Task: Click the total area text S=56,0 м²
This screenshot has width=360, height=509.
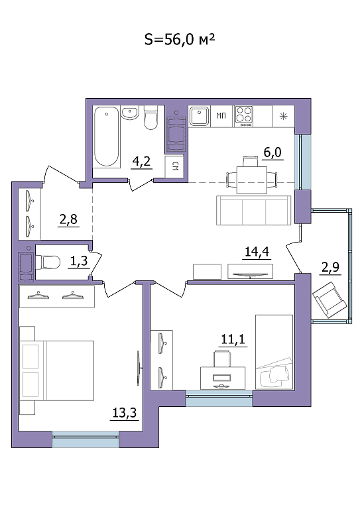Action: pos(180,39)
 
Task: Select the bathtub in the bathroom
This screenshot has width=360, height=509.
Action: pos(107,137)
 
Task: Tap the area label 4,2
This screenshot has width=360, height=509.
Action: pos(142,161)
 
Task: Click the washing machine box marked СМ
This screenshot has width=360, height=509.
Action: pos(175,167)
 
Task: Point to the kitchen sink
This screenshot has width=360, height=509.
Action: pos(199,116)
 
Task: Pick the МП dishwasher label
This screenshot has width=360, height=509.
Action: pos(221,115)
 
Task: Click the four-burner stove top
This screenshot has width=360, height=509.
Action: pos(244,116)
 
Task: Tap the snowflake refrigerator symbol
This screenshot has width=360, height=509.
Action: pos(284,116)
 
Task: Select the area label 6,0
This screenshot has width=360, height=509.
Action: pos(272,152)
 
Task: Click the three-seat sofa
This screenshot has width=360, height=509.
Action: pos(254,210)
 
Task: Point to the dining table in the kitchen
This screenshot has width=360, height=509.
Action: pos(251,180)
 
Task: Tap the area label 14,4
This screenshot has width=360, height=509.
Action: pos(257,252)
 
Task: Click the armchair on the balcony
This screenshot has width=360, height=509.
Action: pos(330,300)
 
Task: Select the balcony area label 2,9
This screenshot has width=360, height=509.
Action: pos(330,267)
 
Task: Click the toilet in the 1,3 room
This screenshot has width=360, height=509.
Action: pos(48,262)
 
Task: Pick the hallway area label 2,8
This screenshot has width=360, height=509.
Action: pos(68,220)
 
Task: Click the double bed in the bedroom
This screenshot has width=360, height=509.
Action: pos(57,370)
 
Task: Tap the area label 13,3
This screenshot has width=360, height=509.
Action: pos(125,413)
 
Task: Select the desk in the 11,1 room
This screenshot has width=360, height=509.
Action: pos(223,378)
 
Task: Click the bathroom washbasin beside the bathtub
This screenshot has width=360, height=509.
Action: pos(130,113)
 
